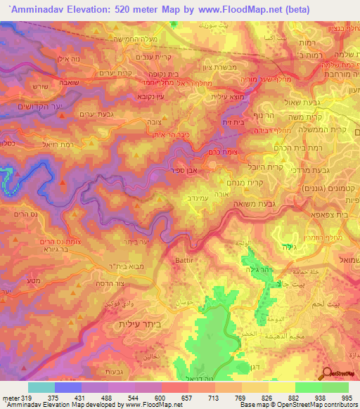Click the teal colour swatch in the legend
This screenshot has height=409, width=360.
point(41,387)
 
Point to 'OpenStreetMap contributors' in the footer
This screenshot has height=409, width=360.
point(318,405)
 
